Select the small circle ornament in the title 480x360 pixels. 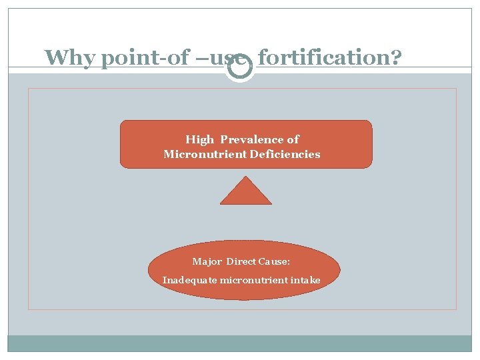pos(239,67)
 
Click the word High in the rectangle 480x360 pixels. pos(199,139)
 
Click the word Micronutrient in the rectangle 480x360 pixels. pos(197,154)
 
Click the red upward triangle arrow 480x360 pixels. pos(246,191)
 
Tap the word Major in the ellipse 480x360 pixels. pos(207,261)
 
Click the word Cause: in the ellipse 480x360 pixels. pos(276,261)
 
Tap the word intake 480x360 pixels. pos(305,280)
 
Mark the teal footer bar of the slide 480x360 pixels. pos(239,343)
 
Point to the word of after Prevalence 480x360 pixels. pos(293,139)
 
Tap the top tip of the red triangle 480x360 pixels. pos(246,177)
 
